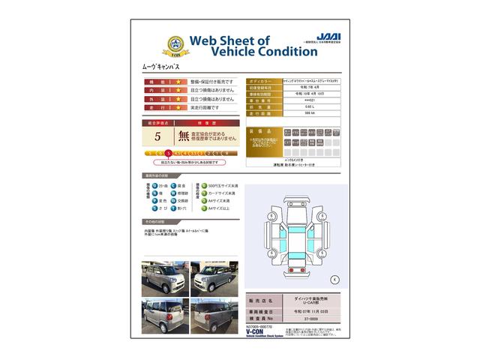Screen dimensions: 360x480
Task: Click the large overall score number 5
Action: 157,136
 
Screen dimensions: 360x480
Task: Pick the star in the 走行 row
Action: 179,108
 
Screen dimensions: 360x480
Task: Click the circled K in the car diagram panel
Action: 334,279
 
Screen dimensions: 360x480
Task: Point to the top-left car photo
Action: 163,277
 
